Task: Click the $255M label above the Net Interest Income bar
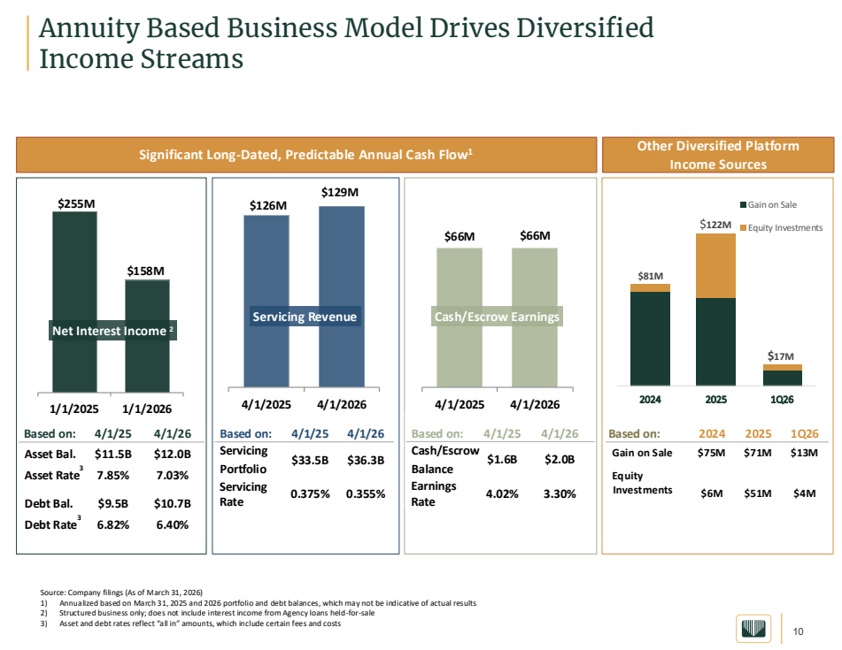(76, 203)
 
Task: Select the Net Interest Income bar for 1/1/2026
(147, 336)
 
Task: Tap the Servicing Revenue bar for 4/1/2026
(342, 296)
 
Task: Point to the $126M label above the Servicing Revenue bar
(268, 205)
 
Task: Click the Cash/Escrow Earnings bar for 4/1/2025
(460, 317)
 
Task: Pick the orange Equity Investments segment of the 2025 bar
(715, 266)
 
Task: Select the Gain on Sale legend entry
(769, 205)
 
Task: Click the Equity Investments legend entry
(781, 228)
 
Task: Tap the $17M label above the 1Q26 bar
(780, 356)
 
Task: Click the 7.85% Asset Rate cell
(112, 476)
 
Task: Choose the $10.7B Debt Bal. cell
(173, 503)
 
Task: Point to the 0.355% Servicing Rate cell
(366, 494)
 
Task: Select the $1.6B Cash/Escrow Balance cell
(502, 460)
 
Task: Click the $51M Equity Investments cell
(758, 493)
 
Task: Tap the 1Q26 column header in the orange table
(805, 434)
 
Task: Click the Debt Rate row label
(52, 524)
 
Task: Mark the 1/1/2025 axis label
(74, 409)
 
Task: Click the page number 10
(799, 631)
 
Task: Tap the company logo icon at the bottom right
(753, 629)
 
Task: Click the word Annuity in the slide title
(89, 28)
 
